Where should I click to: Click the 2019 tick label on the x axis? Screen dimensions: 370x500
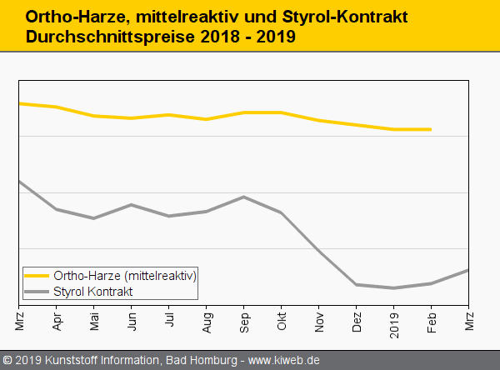394,321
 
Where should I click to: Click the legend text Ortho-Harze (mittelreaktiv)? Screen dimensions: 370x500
125,275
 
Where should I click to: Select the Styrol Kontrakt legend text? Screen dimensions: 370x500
93,291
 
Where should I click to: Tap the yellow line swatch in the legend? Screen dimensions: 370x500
37,275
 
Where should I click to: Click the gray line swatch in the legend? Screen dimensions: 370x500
37,291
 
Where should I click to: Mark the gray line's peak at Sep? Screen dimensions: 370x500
243,197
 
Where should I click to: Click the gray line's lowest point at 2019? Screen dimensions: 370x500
393,288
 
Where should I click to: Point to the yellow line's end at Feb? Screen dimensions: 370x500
431,129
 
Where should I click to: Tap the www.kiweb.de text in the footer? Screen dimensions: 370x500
284,360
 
